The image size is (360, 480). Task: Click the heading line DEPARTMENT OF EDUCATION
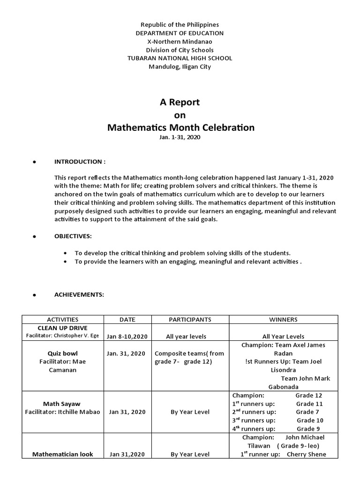tap(180, 33)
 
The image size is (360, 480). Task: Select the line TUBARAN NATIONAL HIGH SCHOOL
tap(180, 58)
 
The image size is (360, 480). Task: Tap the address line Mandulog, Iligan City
tap(180, 67)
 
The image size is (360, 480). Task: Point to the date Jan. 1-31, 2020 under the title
tap(180, 136)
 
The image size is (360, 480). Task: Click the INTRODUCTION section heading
tap(80, 162)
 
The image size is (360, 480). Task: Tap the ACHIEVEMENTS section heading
tap(79, 295)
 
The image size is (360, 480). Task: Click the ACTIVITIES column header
tap(63, 320)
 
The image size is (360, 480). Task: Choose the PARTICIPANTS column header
tap(190, 320)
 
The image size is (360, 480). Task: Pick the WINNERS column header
tap(283, 320)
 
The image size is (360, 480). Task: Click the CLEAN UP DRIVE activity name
tap(63, 328)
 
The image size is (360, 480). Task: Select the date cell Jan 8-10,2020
tap(127, 337)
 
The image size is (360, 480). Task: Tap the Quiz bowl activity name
tap(63, 353)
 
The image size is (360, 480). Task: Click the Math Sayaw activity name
tap(63, 404)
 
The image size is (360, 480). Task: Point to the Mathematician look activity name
tap(63, 454)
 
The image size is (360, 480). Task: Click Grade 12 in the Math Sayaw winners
tap(308, 396)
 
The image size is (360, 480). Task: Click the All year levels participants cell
tap(186, 337)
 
